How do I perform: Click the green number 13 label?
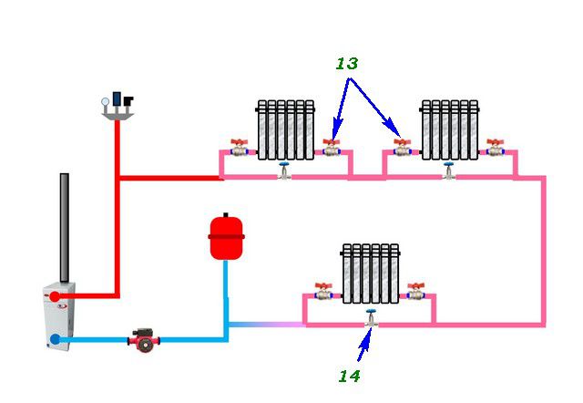click(347, 64)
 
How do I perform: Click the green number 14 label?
click(349, 377)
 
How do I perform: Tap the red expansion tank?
click(226, 237)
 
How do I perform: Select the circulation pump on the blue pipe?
click(144, 340)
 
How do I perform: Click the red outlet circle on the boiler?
click(55, 296)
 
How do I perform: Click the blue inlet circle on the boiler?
click(55, 339)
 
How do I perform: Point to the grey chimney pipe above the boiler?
click(65, 228)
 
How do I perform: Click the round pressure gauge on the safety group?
click(106, 101)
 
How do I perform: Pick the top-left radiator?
click(285, 129)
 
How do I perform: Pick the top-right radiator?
click(449, 129)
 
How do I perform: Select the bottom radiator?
click(370, 274)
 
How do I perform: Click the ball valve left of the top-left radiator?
click(239, 148)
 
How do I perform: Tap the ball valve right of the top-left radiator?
click(332, 148)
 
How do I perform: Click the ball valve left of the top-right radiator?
click(403, 148)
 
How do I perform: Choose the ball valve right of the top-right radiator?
click(496, 148)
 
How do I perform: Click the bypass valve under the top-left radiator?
click(284, 170)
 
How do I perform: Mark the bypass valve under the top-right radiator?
click(449, 170)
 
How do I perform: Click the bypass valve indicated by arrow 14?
click(371, 318)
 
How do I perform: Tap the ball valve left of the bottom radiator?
click(323, 292)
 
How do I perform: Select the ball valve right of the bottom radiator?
click(415, 292)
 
